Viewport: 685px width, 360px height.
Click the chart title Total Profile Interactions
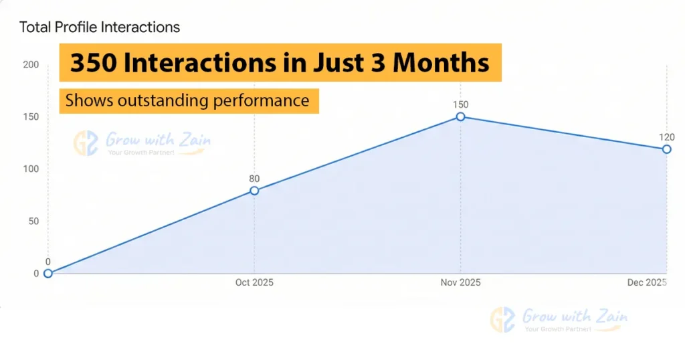coord(100,27)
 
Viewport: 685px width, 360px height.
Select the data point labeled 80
coord(254,191)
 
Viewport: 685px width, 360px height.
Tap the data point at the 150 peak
coord(461,116)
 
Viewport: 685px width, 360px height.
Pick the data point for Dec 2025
coord(667,149)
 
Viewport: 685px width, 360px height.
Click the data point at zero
coord(48,273)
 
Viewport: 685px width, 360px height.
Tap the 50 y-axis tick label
coord(32,221)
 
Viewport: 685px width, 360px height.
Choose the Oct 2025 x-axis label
coord(254,283)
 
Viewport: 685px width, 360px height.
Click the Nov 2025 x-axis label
coord(461,283)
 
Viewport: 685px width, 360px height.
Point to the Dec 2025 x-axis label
coord(646,283)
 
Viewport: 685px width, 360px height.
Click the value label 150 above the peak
coord(461,104)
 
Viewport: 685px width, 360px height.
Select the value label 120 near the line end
coord(667,137)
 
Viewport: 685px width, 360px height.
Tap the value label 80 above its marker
coord(254,179)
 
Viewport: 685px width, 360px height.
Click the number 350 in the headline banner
coord(93,64)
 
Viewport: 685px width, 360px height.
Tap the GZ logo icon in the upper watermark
coord(87,143)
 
